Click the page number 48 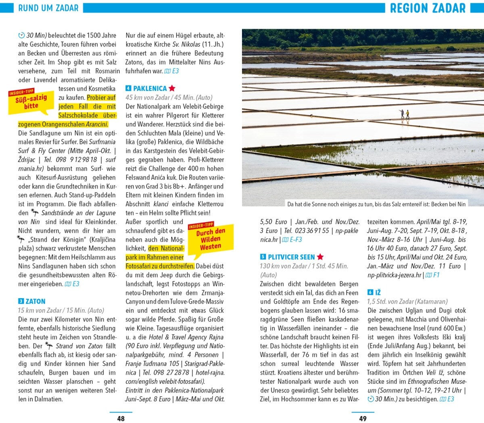tap(121, 419)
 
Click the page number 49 tap(363, 419)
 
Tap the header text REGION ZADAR tap(428, 8)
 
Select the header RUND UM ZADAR tap(48, 8)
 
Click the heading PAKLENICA tap(150, 88)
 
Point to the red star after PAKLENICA tap(172, 88)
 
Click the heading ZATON tap(35, 301)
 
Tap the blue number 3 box tap(21, 301)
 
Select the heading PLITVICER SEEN tap(291, 257)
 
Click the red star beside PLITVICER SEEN tap(320, 257)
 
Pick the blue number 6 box tap(370, 293)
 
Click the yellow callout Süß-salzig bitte tap(31, 101)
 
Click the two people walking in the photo tap(405, 114)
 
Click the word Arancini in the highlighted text tap(96, 124)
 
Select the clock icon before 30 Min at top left tap(21, 36)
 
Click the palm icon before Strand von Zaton tap(49, 345)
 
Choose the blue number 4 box tap(128, 88)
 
